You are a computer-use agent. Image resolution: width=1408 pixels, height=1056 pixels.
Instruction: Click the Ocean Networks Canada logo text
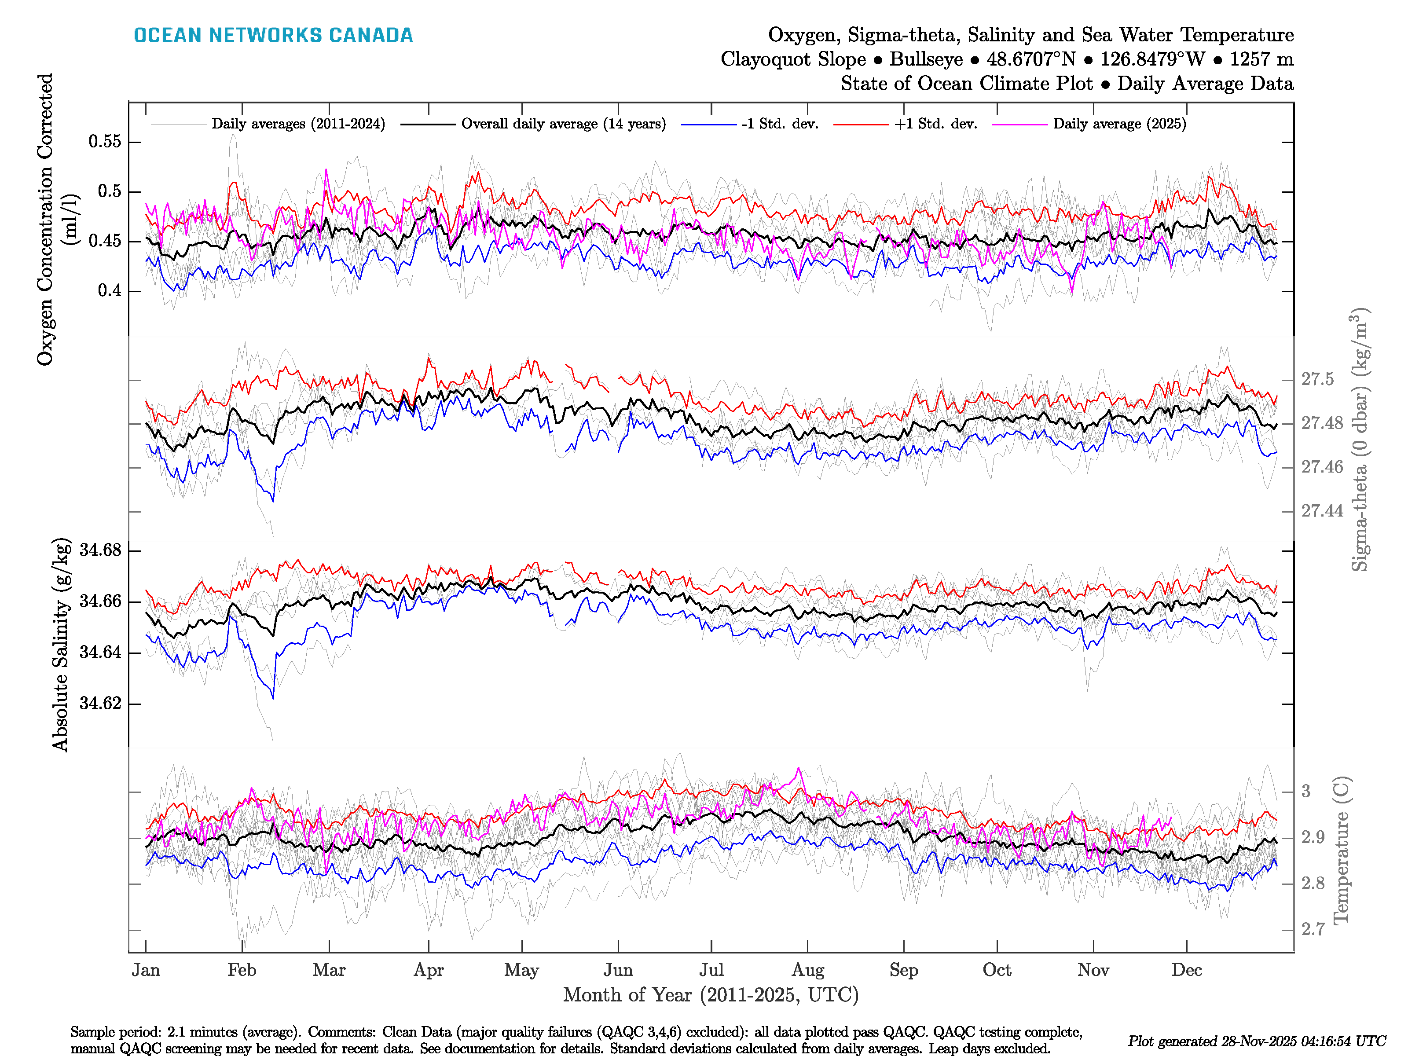click(x=273, y=35)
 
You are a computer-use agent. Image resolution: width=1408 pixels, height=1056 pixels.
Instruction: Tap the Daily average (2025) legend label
click(x=1119, y=124)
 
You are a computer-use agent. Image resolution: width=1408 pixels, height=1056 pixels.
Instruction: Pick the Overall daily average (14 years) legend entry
click(x=563, y=124)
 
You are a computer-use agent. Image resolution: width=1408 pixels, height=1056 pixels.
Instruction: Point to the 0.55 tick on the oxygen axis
click(x=105, y=141)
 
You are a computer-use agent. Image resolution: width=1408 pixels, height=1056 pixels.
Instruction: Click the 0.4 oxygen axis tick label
click(x=110, y=291)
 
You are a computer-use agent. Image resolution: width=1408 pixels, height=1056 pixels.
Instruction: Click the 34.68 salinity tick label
click(x=100, y=550)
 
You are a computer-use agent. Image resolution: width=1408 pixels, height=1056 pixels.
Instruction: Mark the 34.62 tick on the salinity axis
click(x=100, y=704)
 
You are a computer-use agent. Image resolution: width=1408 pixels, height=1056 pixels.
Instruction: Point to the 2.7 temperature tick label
click(x=1313, y=929)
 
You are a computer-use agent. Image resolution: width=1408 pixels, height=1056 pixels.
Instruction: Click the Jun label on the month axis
click(x=618, y=970)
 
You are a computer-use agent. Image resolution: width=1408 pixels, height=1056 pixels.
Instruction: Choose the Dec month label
click(x=1187, y=970)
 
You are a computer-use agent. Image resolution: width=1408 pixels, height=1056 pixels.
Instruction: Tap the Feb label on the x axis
click(x=242, y=970)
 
